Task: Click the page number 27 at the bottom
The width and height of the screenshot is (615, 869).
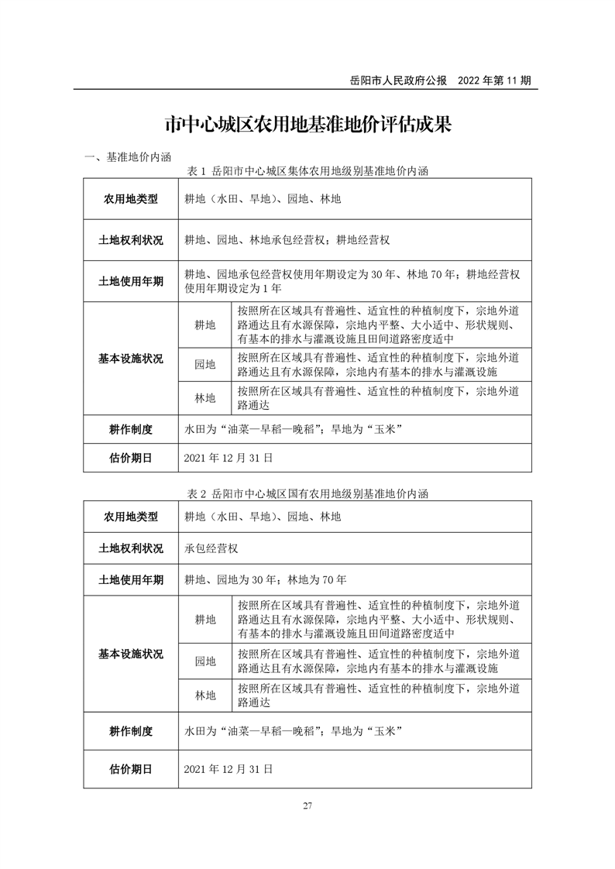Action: (x=307, y=806)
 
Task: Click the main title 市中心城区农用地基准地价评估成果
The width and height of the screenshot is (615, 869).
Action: (x=307, y=125)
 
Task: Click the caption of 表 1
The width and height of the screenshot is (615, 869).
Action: (x=307, y=170)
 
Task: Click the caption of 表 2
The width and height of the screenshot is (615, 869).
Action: (x=307, y=493)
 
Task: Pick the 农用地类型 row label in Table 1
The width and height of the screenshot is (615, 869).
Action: (x=131, y=199)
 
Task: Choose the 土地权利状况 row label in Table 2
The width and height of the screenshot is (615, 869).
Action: (x=131, y=548)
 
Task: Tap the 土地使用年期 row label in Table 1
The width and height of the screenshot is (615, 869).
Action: (x=131, y=281)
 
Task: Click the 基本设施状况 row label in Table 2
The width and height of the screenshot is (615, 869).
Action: (x=131, y=654)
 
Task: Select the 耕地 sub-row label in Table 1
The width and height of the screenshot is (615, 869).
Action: (x=205, y=325)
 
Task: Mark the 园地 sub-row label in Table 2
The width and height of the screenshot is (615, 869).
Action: (x=205, y=661)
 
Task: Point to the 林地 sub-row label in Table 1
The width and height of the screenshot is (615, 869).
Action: (x=205, y=398)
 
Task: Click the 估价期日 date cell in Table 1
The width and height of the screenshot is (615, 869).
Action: (x=229, y=458)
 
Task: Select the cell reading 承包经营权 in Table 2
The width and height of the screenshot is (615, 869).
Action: (x=211, y=548)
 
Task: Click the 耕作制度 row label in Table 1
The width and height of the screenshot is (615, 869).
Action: (x=131, y=429)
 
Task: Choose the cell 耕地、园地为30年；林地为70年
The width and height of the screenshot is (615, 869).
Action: (x=266, y=579)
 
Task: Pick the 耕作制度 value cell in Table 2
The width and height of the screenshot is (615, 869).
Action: (x=293, y=730)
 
